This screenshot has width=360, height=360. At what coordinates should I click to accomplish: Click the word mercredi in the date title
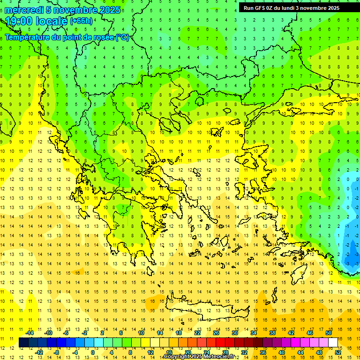point(24,10)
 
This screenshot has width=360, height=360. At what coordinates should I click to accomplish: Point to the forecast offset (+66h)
point(81,21)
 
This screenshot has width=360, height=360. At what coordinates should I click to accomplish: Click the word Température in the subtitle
point(28,37)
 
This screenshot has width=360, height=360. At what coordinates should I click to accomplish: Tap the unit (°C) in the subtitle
point(122,37)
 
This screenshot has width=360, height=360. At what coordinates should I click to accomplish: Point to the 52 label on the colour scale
point(338,352)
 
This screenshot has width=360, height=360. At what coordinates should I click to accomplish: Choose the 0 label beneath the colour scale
point(93,352)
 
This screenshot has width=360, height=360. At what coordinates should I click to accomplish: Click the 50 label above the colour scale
point(329,333)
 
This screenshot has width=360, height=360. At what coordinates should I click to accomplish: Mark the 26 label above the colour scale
point(216,333)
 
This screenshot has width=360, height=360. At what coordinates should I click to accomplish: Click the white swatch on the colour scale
point(333,342)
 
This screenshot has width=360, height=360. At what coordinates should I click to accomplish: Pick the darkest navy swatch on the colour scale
point(24,342)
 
